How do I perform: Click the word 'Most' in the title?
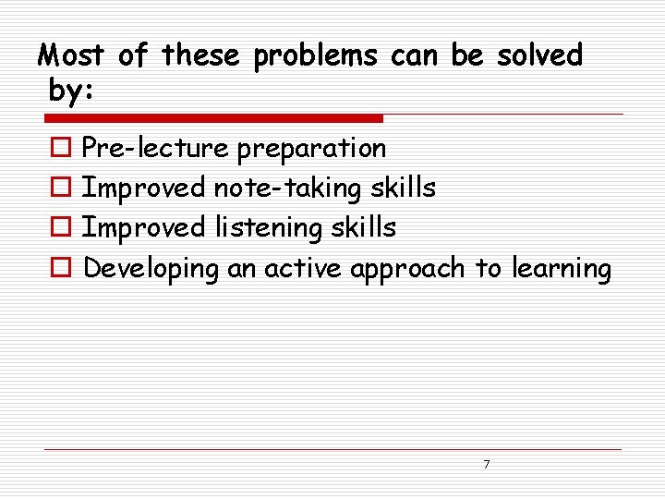[x=71, y=56]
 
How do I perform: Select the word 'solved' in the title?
[x=540, y=56]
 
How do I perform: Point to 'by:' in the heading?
[x=69, y=91]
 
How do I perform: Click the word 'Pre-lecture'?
[x=155, y=148]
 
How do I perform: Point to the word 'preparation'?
[x=312, y=149]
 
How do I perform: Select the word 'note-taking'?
[x=288, y=189]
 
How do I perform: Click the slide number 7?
[x=487, y=464]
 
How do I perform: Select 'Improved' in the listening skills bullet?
[x=144, y=228]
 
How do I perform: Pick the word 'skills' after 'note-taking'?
[x=403, y=189]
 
